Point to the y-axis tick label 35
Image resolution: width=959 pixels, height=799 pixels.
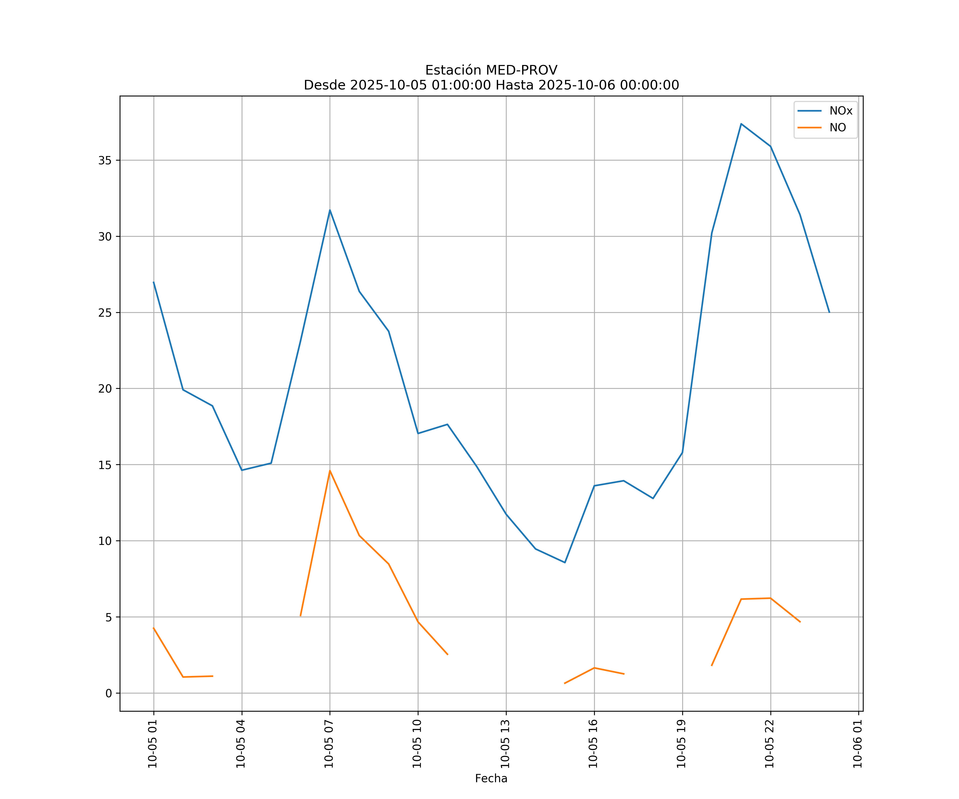pyautogui.click(x=105, y=160)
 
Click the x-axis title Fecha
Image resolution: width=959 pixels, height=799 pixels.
pyautogui.click(x=491, y=778)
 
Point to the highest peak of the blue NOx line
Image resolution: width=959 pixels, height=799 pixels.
pyautogui.click(x=741, y=124)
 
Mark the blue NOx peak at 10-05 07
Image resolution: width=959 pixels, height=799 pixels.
pyautogui.click(x=330, y=210)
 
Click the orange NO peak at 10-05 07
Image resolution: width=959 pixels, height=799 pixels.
pyautogui.click(x=330, y=470)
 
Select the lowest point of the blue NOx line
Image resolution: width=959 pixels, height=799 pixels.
pyautogui.click(x=565, y=562)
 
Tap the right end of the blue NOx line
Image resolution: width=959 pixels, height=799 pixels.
pyautogui.click(x=829, y=312)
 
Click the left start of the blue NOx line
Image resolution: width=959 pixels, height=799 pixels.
pyautogui.click(x=153, y=282)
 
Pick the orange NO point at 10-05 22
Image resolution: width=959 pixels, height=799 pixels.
pyautogui.click(x=770, y=598)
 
